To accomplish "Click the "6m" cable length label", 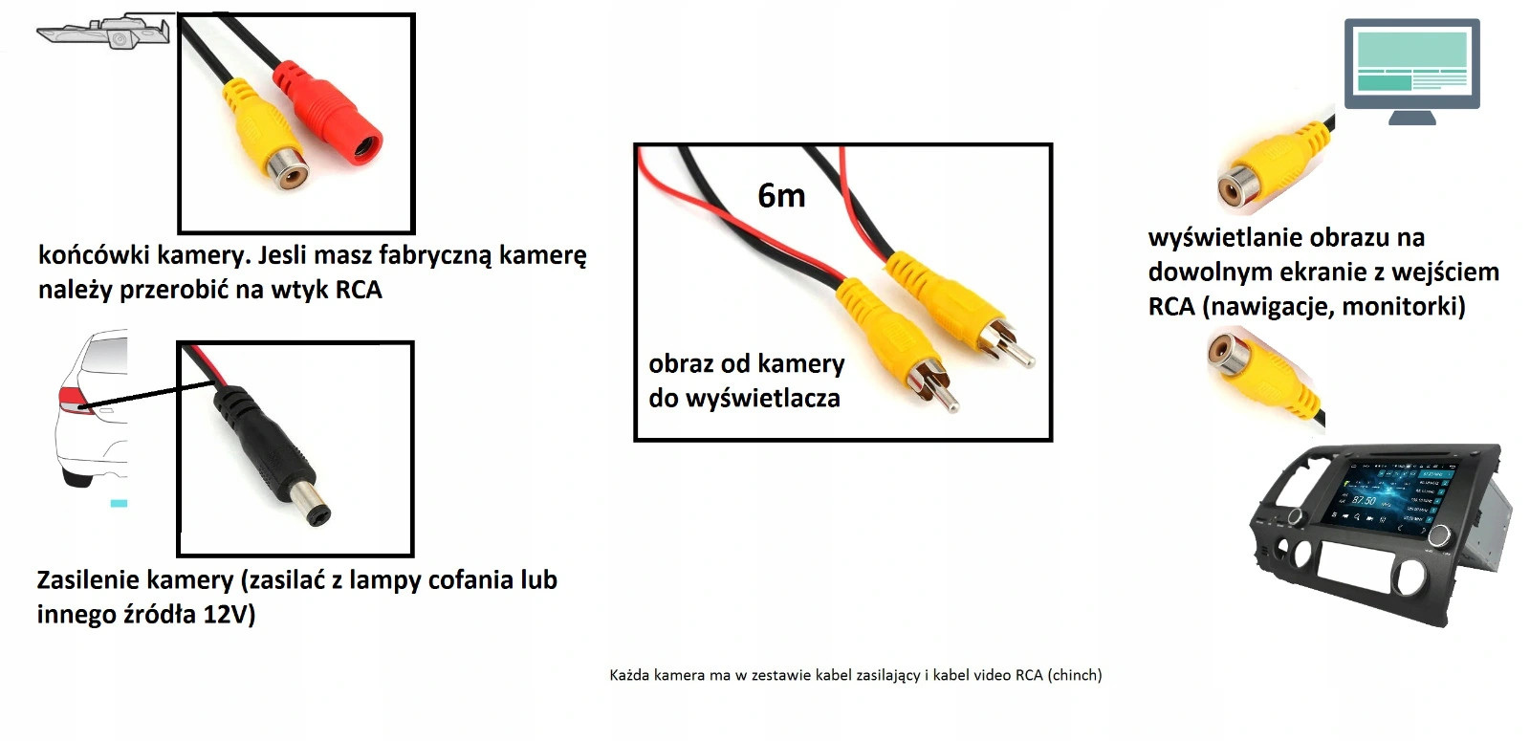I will [781, 196].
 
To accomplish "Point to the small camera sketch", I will [105, 33].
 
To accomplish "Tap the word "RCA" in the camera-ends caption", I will [358, 290].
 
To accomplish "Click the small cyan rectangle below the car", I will [119, 503].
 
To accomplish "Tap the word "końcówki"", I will [93, 255].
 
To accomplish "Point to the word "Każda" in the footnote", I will [629, 675].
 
